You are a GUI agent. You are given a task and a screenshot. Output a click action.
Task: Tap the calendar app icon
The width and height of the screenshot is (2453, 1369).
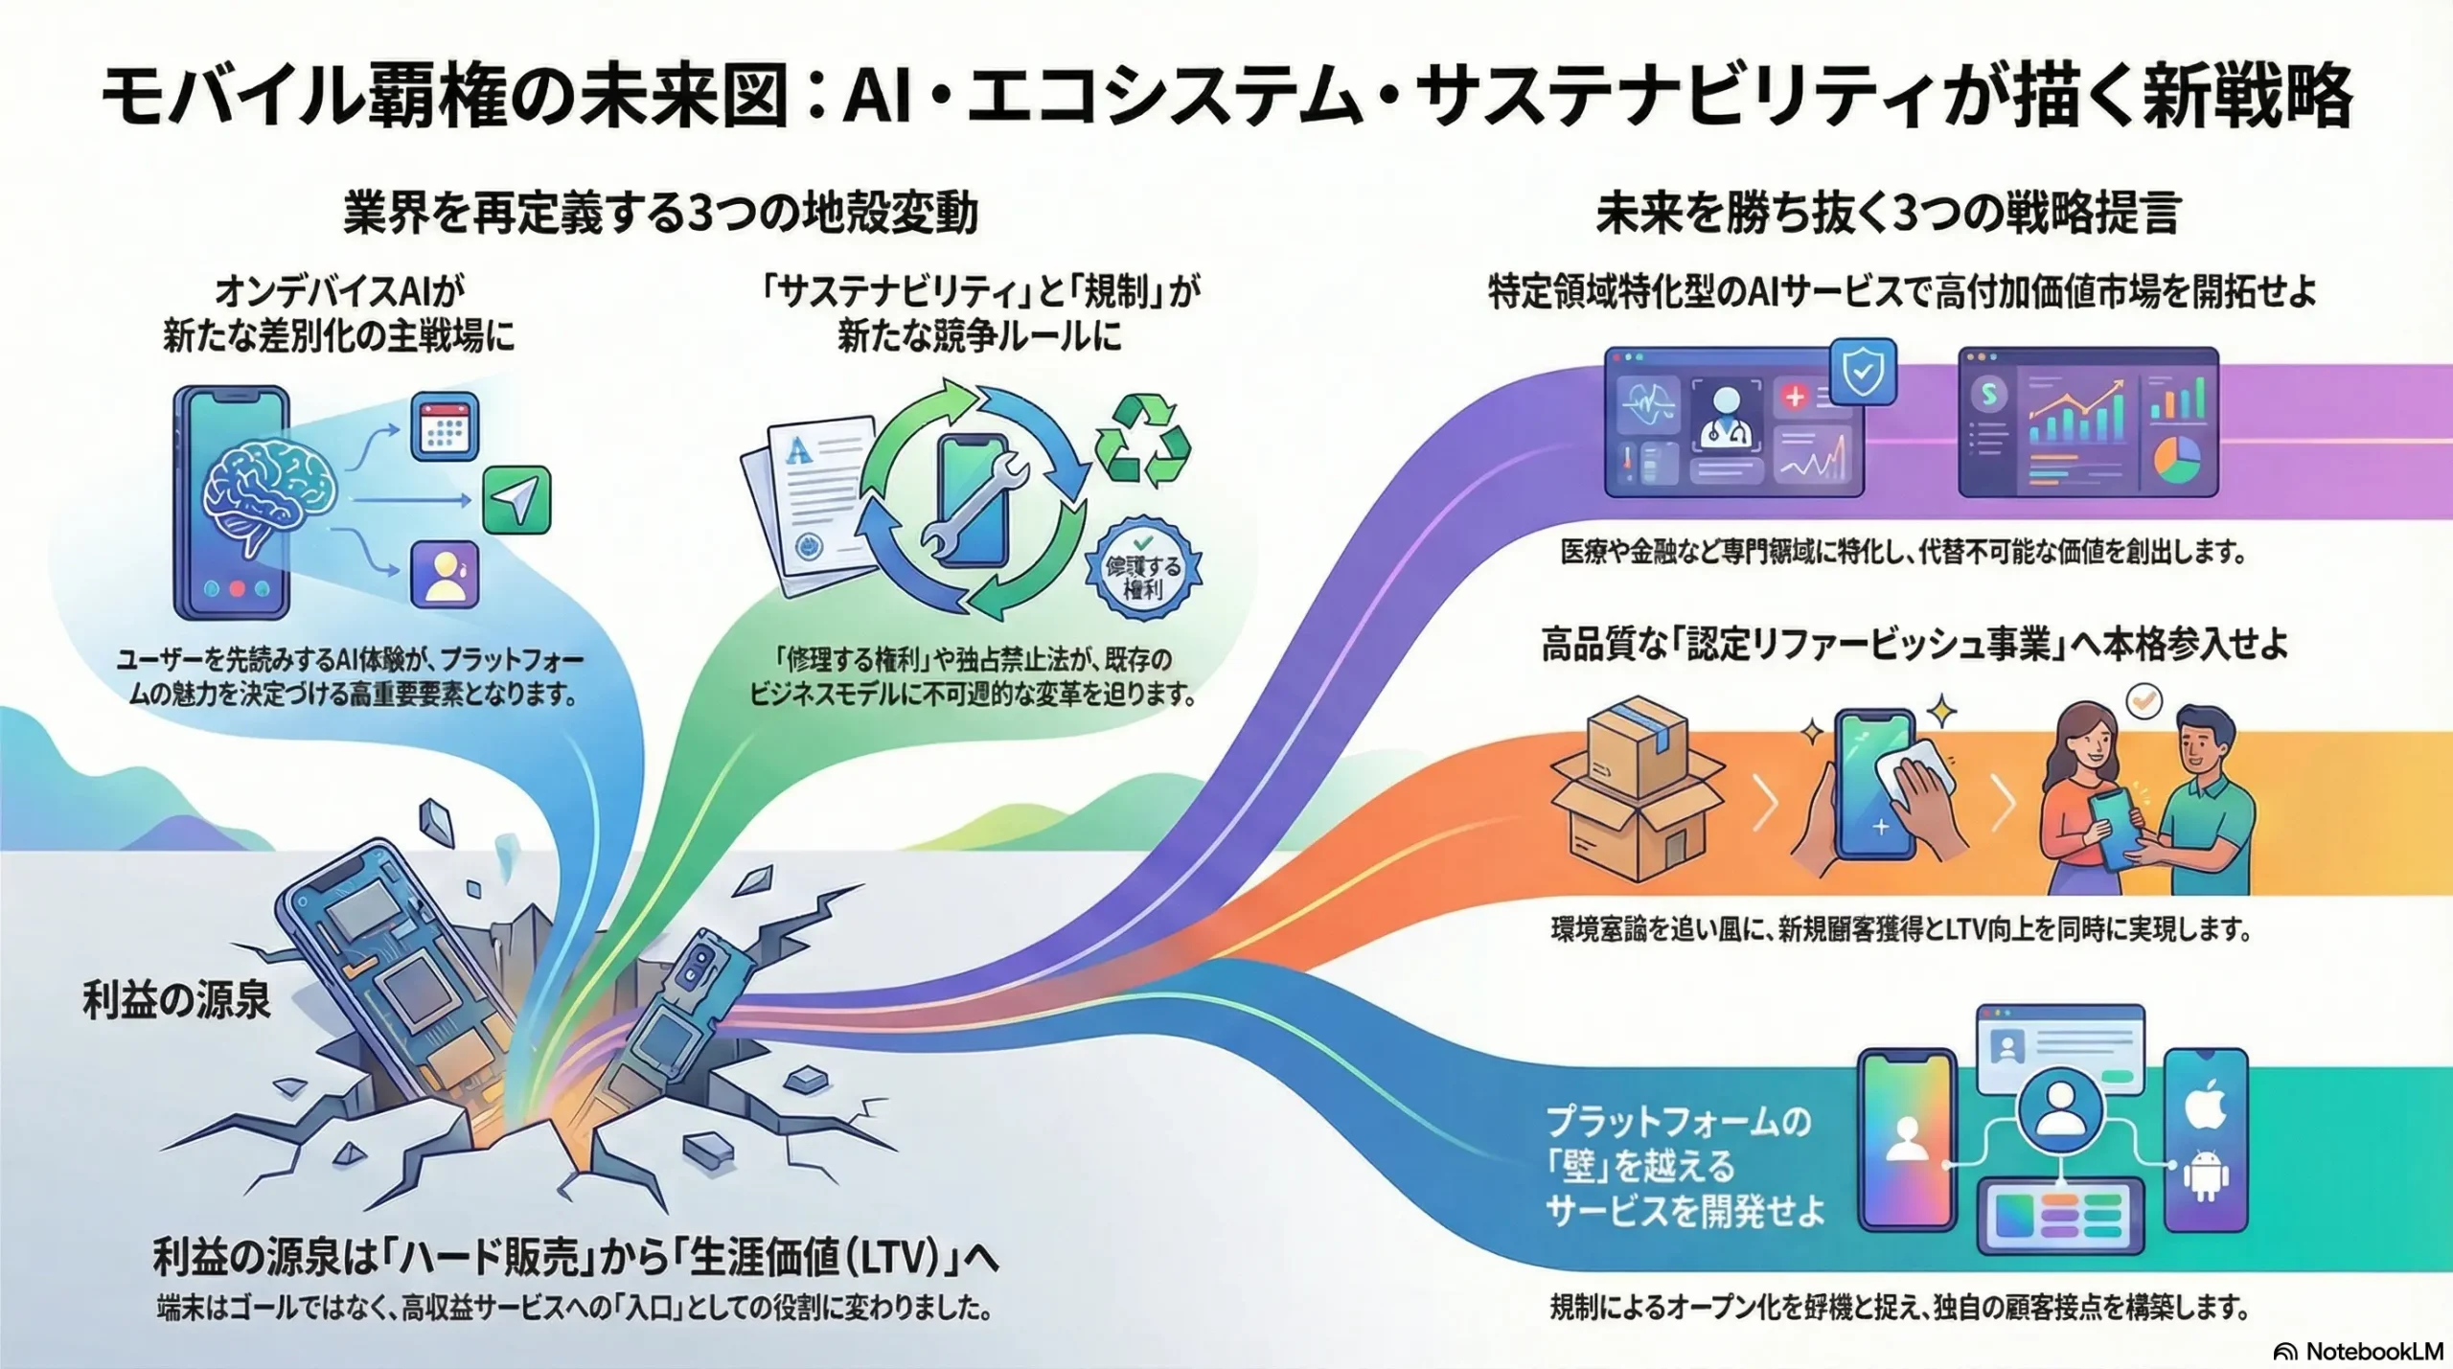(x=445, y=428)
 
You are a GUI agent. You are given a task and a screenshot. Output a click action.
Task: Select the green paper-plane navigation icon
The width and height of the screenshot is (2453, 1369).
(x=516, y=499)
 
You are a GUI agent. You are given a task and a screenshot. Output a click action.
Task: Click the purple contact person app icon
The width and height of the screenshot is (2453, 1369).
(x=445, y=573)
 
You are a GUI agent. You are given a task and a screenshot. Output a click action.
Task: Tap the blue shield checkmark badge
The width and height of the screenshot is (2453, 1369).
(x=1863, y=373)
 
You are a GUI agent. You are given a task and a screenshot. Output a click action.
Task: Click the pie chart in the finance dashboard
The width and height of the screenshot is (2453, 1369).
(x=2177, y=459)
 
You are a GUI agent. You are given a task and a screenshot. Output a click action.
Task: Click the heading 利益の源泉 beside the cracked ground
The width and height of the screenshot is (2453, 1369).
(x=177, y=1000)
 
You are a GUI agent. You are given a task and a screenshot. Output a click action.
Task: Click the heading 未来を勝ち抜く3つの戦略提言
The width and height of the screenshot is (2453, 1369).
(x=1888, y=214)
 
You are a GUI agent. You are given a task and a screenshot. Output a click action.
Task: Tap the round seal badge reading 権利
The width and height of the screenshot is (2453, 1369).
(x=1143, y=574)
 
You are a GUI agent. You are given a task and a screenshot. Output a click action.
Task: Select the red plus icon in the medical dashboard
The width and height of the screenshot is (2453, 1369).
(x=1795, y=396)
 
